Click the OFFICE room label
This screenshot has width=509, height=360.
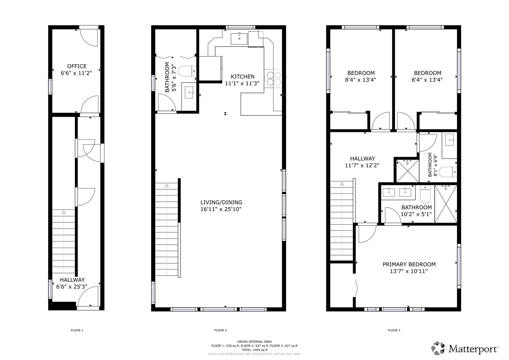[77, 66]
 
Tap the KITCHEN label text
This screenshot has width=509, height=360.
[243, 77]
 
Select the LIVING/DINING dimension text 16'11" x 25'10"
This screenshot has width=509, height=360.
[221, 209]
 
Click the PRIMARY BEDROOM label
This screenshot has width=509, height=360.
[409, 264]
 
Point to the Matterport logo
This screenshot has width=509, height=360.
[465, 349]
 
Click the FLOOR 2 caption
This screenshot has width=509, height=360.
[220, 330]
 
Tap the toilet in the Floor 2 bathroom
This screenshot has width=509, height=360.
[187, 71]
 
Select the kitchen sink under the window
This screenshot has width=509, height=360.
[239, 39]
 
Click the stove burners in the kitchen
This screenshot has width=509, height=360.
[274, 78]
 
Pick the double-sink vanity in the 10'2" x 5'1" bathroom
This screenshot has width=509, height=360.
[397, 192]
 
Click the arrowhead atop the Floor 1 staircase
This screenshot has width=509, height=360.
[64, 212]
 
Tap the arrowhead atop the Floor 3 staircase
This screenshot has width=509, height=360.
[342, 184]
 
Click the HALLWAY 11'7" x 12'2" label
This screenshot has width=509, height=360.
[362, 159]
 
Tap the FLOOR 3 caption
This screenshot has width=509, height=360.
[394, 330]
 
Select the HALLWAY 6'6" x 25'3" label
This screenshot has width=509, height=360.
[72, 280]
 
